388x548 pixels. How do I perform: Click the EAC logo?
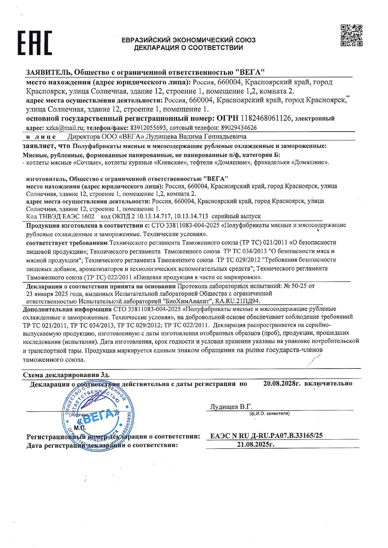[34, 43]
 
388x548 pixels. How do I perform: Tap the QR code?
[351, 36]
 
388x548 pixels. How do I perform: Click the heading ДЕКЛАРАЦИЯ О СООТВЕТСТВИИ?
[188, 48]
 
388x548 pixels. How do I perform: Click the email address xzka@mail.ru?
[65, 128]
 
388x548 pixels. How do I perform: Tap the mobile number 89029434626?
[239, 128]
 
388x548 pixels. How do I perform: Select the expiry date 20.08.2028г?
[282, 383]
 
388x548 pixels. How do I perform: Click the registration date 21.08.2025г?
[256, 444]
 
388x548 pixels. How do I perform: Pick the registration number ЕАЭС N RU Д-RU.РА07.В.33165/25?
[266, 435]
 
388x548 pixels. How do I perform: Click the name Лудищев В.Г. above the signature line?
[231, 407]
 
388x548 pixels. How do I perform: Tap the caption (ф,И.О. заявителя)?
[269, 414]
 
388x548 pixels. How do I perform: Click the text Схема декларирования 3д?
[66, 375]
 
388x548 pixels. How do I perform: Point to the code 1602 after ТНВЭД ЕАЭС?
[88, 216]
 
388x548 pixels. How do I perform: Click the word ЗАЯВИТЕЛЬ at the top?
[48, 72]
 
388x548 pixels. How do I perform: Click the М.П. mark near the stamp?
[80, 428]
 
